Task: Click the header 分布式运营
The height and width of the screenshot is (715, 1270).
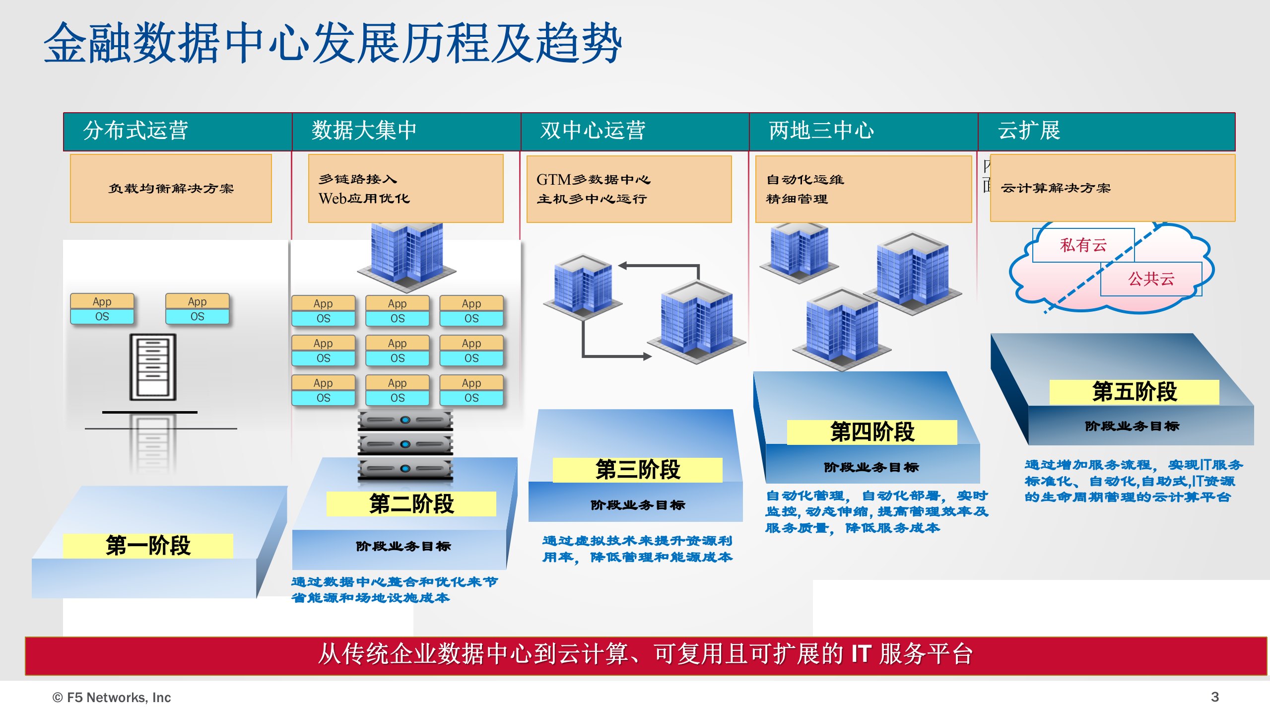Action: (135, 131)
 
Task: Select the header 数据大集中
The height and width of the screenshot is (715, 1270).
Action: (364, 131)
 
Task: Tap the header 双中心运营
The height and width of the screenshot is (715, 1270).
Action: (593, 131)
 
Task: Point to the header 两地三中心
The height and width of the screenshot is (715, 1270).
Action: (821, 131)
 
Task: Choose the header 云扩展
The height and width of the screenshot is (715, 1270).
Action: (1029, 131)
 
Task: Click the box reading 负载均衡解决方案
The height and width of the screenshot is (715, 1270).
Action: (171, 189)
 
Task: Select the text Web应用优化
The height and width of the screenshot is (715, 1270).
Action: (364, 199)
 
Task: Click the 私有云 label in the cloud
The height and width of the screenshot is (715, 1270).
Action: (1083, 245)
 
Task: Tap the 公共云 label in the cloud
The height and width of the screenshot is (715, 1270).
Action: (1151, 279)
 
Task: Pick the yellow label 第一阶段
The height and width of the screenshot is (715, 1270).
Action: (148, 546)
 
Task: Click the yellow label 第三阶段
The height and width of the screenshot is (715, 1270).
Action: (637, 470)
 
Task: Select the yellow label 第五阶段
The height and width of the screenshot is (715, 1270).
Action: (1134, 392)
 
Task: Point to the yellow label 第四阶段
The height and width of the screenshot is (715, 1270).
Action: (872, 432)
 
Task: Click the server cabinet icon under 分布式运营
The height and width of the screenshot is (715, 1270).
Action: (153, 367)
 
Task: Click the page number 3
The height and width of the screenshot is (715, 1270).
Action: (1214, 697)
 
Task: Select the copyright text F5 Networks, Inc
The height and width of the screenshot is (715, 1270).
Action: (112, 698)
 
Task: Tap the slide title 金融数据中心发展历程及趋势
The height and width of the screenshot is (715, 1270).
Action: (333, 44)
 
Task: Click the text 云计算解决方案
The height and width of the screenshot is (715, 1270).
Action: (1056, 188)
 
